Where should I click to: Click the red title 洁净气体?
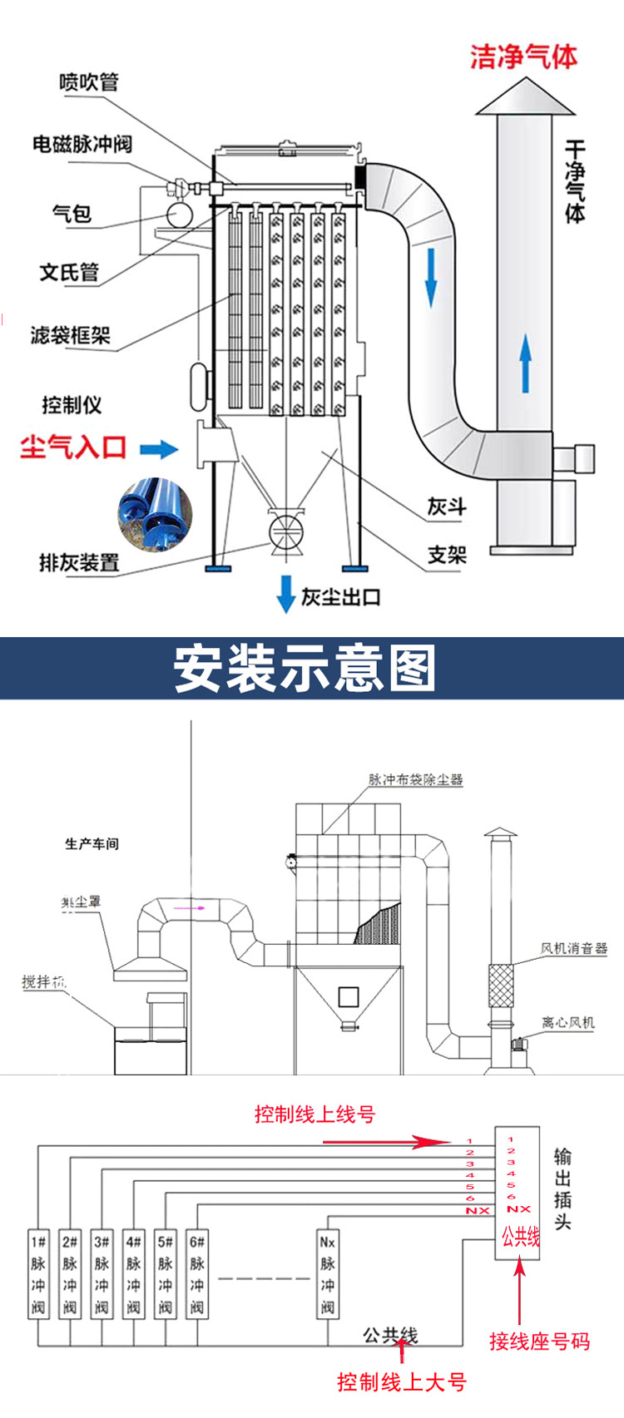pos(523,57)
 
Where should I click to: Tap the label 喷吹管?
pos(89,82)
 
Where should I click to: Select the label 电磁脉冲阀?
pos(82,144)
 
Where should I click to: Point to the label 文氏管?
pos(69,272)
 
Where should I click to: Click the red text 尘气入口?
pos(73,447)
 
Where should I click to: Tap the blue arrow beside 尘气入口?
pos(158,450)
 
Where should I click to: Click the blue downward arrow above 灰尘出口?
pos(285,594)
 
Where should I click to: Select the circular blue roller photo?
pos(155,514)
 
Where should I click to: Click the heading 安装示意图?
pos(305,669)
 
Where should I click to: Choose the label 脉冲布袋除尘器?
pos(416,780)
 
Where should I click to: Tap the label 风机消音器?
pos(574,948)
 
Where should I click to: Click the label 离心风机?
pos(568,1022)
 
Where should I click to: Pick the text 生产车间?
pos(92,844)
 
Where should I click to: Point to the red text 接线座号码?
pos(539,1341)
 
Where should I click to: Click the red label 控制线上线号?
pos(314,1114)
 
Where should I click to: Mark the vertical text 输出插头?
pos(563,1189)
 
